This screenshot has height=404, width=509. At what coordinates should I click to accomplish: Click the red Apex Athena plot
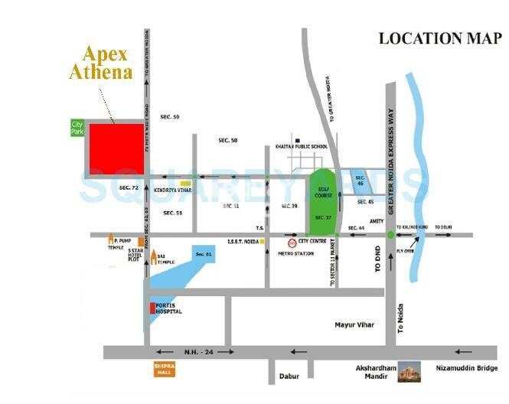116,149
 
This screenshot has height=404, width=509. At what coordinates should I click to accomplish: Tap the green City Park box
77,127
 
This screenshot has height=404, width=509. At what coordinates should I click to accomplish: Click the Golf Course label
320,190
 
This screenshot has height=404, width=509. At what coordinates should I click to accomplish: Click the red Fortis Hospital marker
152,309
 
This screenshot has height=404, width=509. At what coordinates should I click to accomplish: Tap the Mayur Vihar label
354,325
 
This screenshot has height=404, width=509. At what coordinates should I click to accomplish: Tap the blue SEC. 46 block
360,181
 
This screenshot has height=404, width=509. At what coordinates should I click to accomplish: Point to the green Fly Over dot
390,234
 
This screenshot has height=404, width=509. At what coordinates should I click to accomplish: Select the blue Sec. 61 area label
203,253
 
